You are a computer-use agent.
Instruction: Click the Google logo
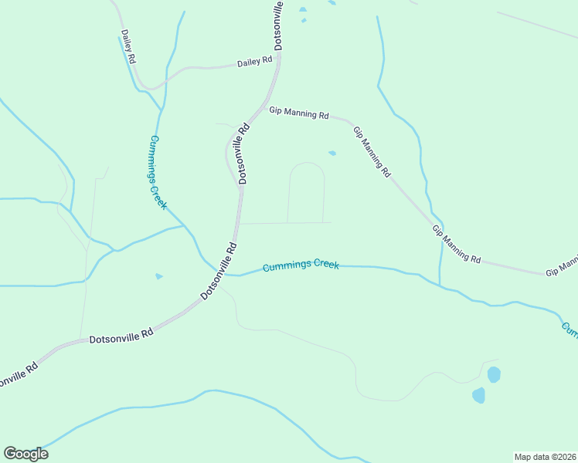tap(25, 454)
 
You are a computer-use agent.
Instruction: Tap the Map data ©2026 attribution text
tap(545, 456)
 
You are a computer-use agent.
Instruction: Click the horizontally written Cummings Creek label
tap(301, 265)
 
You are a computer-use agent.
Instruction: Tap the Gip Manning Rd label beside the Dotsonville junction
tap(298, 113)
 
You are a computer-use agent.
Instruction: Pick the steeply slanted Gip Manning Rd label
tap(372, 152)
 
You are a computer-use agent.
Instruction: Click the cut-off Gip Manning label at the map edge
tap(562, 267)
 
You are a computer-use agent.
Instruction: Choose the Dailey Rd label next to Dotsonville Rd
tap(254, 61)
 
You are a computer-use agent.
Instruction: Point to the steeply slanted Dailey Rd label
tap(128, 46)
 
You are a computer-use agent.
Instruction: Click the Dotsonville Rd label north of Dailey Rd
tap(278, 25)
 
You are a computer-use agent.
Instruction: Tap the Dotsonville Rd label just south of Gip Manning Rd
tap(244, 154)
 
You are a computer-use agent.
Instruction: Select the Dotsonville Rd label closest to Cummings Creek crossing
tap(219, 272)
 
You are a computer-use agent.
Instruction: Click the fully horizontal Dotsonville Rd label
tap(121, 336)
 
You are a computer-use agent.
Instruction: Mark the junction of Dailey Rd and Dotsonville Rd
tap(277, 62)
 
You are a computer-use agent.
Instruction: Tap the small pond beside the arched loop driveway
tap(332, 153)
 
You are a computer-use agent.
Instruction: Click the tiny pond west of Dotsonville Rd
tap(158, 275)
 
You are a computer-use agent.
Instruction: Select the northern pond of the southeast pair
tap(494, 375)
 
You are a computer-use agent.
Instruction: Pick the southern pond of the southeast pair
tap(479, 395)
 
